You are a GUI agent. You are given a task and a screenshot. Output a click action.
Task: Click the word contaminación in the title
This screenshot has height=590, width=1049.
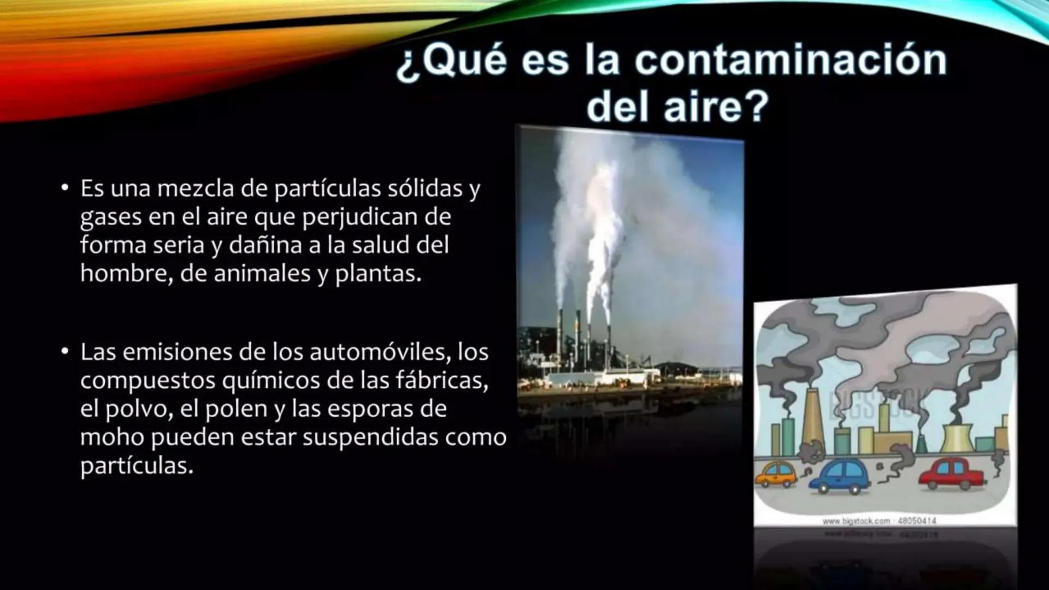pyautogui.click(x=790, y=60)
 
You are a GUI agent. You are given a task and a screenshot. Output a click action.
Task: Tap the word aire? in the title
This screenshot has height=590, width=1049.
pyautogui.click(x=716, y=106)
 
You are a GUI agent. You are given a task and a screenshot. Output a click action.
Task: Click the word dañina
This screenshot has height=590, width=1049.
pyautogui.click(x=265, y=245)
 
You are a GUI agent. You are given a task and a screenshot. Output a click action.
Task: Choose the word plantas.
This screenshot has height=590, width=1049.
pyautogui.click(x=378, y=274)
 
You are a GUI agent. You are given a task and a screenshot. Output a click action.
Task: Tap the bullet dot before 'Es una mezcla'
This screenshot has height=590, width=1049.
pyautogui.click(x=65, y=188)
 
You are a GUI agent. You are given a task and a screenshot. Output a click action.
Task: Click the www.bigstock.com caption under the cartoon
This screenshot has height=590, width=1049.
pyautogui.click(x=880, y=521)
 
